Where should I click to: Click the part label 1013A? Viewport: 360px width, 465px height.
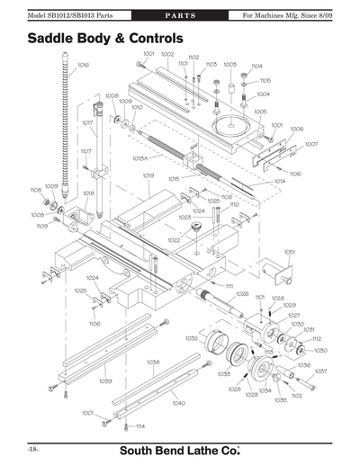click(x=140, y=158)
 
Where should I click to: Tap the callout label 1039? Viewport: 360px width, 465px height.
click(x=105, y=380)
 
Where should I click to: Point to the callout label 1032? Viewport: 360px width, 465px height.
click(x=191, y=338)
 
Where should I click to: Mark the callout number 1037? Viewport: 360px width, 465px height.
click(x=320, y=371)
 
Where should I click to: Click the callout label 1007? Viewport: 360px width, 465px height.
click(x=311, y=144)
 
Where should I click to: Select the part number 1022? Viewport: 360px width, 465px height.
click(x=173, y=240)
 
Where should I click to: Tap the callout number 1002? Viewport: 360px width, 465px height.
click(x=167, y=55)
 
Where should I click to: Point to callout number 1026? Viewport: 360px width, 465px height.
click(x=242, y=294)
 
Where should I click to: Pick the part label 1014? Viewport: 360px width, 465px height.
click(x=280, y=182)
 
